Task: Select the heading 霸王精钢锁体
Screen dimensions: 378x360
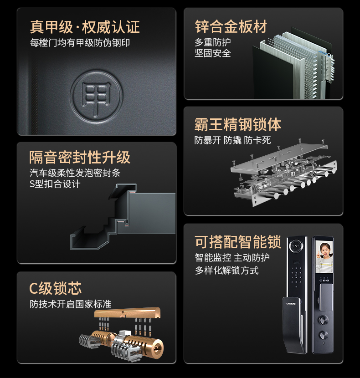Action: (237, 124)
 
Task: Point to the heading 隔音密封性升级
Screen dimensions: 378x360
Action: (80, 157)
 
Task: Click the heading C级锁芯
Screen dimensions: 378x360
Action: (55, 288)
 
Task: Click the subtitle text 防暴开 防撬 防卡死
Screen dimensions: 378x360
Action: (232, 140)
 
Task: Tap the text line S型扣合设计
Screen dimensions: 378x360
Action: (55, 184)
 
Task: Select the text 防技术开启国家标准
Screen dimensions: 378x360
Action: (70, 304)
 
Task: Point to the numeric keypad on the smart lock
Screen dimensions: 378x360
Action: (297, 276)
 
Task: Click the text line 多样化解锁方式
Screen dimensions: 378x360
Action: (226, 271)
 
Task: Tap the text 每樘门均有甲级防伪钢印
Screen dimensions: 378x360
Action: (83, 43)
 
